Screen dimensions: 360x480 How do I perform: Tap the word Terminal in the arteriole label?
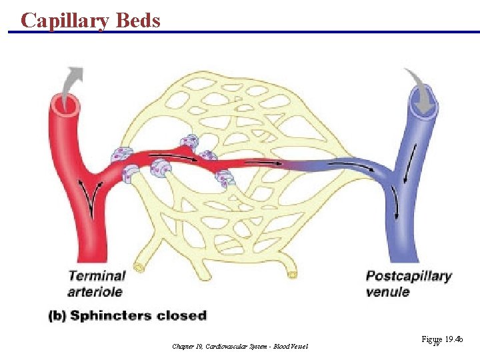click(96, 275)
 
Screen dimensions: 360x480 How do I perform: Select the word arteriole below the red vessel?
click(95, 291)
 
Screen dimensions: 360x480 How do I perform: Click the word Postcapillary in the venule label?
click(409, 275)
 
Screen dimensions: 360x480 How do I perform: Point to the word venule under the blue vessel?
click(387, 291)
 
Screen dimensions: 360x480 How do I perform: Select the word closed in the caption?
click(181, 315)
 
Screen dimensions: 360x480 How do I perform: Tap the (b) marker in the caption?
click(57, 315)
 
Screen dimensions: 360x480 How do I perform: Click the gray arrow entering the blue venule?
click(420, 87)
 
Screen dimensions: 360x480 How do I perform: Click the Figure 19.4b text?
click(442, 340)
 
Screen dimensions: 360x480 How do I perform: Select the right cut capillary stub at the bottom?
click(291, 274)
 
